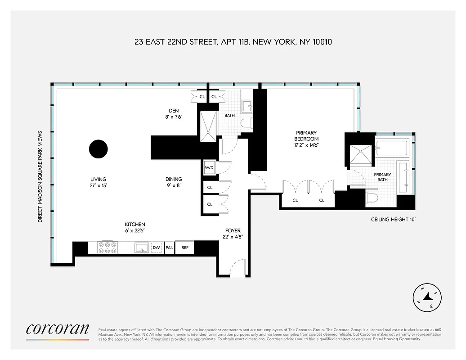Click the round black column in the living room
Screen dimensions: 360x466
(x=98, y=149)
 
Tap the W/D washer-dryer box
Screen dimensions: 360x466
(x=210, y=168)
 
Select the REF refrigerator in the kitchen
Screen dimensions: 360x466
(x=185, y=247)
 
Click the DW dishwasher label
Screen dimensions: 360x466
(x=156, y=247)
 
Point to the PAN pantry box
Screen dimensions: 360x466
(x=170, y=247)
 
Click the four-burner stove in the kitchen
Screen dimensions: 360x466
(x=108, y=247)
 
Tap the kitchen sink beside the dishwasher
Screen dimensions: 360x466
(x=142, y=247)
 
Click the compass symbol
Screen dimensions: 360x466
(x=427, y=297)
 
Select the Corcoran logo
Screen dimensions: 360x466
(x=57, y=330)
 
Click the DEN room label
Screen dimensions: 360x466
(x=174, y=113)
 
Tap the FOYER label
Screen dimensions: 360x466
(x=233, y=234)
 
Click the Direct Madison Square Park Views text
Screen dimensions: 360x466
(x=40, y=177)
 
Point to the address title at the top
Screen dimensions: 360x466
(x=233, y=42)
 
